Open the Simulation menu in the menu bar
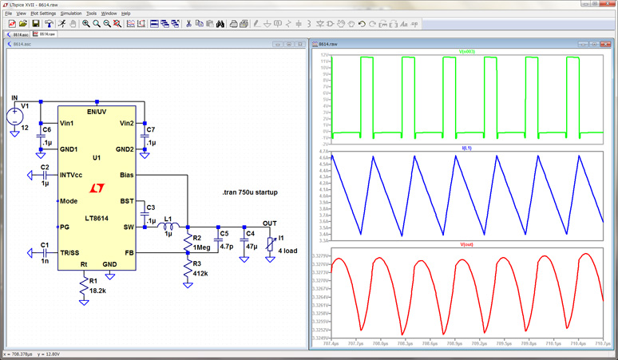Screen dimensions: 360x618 tap(71, 14)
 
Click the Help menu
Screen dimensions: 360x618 tap(126, 14)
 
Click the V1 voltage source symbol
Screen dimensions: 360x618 tap(15, 116)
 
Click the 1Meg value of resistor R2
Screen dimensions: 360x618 tap(202, 247)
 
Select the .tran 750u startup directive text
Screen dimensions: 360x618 tap(250, 193)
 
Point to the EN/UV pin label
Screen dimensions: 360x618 tap(97, 111)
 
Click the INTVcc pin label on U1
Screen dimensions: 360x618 tap(75, 175)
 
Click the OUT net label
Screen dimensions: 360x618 tap(270, 224)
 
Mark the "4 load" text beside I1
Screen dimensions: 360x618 tap(287, 251)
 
